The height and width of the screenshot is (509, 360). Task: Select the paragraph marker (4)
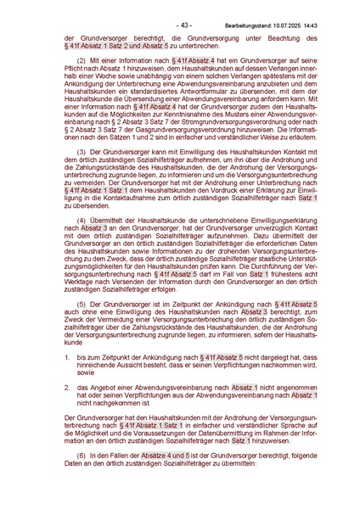[82, 220]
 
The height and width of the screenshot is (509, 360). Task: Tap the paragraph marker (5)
[82, 302]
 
